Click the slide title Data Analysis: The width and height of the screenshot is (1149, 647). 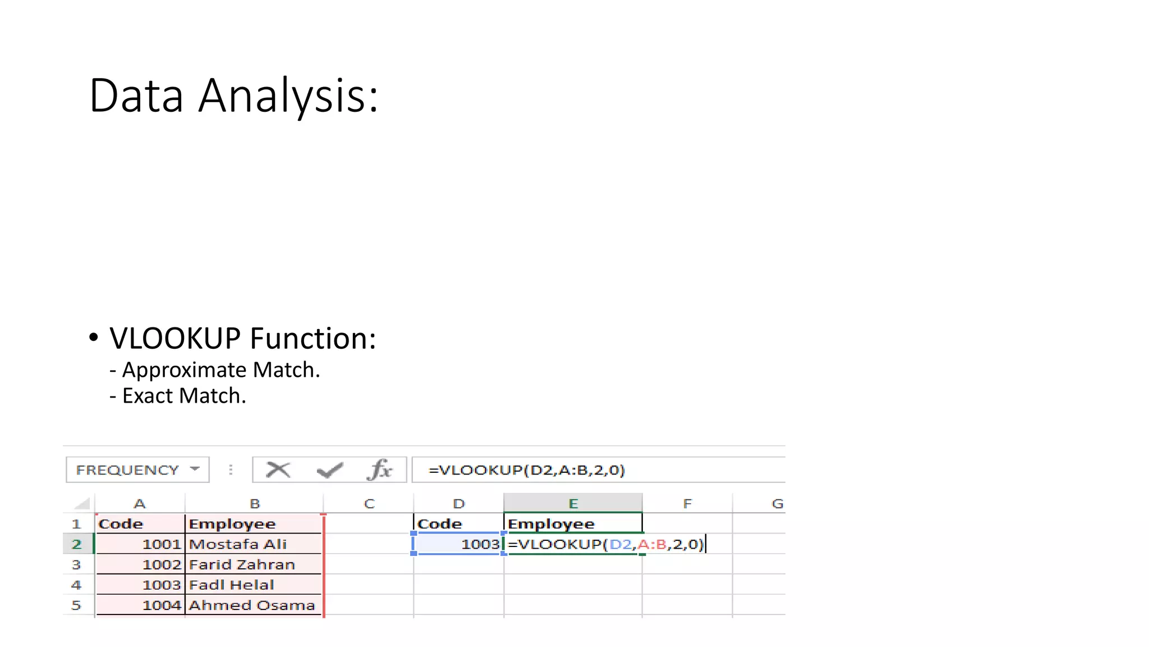tap(233, 95)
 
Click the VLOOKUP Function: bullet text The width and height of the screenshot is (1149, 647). tap(242, 338)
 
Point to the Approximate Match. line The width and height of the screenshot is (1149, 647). tap(220, 370)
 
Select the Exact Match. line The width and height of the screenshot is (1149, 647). tap(183, 396)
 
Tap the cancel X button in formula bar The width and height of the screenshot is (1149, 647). tap(278, 470)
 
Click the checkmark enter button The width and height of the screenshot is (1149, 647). tap(329, 470)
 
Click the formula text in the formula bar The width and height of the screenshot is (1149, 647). tap(526, 470)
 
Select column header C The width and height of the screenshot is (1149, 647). tap(369, 504)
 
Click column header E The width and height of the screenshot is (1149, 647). tap(573, 504)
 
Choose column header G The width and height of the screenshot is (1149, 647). tap(777, 504)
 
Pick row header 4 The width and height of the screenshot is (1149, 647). tap(76, 585)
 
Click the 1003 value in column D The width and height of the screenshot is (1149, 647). tap(479, 544)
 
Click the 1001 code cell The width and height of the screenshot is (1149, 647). tap(161, 544)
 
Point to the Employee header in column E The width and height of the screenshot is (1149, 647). tap(551, 524)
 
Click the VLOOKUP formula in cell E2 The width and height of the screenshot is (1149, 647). tap(605, 544)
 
